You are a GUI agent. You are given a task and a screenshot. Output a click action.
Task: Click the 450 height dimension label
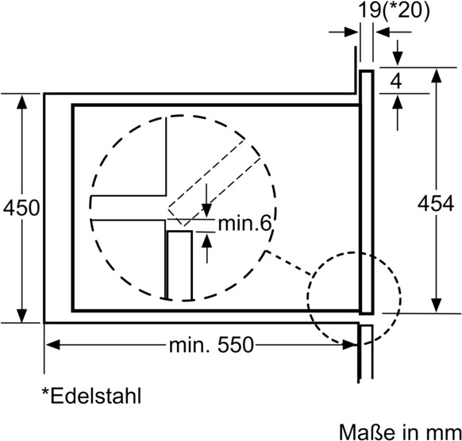pos(21,208)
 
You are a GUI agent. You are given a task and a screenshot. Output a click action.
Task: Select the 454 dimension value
pos(436,204)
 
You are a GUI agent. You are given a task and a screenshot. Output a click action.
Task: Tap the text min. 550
pos(211,345)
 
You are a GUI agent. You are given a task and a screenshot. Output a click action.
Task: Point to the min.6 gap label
pos(244,224)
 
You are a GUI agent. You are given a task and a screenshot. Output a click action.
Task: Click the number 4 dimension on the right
pos(396,81)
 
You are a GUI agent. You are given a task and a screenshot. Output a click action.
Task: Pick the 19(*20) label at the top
pos(394,11)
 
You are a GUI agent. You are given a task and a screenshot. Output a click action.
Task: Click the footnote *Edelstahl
pos(91,396)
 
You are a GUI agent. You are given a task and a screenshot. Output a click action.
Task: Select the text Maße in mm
pos(400,432)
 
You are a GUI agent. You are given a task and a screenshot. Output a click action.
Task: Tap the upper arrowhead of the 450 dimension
pos(21,102)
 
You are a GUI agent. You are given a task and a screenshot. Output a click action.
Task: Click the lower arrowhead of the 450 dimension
pos(21,316)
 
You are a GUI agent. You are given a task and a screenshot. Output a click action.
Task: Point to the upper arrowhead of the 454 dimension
pos(436,75)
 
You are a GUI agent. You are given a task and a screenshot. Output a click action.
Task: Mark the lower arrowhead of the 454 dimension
pos(436,305)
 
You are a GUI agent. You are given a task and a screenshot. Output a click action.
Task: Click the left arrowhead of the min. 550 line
pos(52,344)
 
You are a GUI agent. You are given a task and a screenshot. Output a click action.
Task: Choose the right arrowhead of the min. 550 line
pos(351,344)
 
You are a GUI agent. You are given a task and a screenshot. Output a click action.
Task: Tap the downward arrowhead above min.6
pos(207,211)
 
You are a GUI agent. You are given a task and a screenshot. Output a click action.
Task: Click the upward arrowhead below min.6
pos(207,240)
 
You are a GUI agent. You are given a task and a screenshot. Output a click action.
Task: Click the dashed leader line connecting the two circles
pos(289,263)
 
